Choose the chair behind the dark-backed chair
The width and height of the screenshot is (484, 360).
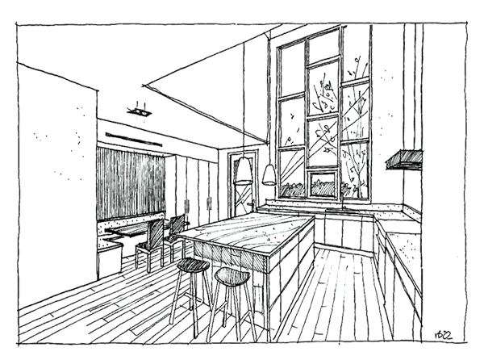(x=176, y=226)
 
